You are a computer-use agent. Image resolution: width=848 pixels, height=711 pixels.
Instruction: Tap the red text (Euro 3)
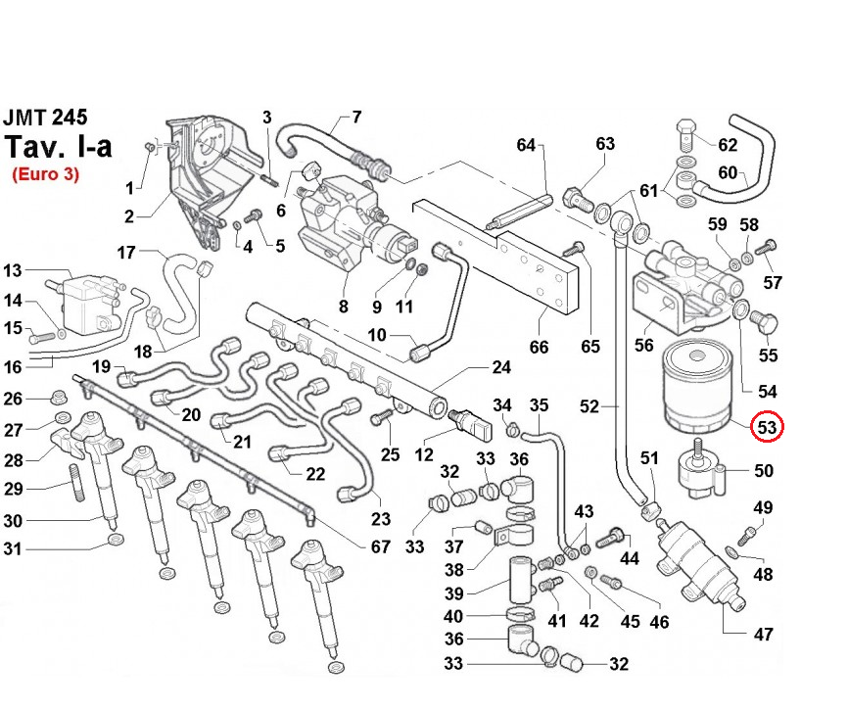coord(45,174)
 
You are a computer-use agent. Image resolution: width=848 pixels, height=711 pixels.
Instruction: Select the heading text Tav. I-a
coord(58,147)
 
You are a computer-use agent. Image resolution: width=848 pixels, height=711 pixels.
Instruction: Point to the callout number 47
coord(764,635)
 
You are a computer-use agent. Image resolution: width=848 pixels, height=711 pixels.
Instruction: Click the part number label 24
coord(501,369)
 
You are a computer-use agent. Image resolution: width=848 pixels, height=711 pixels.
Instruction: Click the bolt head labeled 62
coord(686,130)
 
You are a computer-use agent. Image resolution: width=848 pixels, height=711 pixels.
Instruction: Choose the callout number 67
coord(381,547)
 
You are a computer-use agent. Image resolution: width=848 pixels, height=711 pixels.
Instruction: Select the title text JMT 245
coord(45,118)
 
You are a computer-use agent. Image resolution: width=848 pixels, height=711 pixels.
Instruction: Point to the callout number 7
coord(356,118)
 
